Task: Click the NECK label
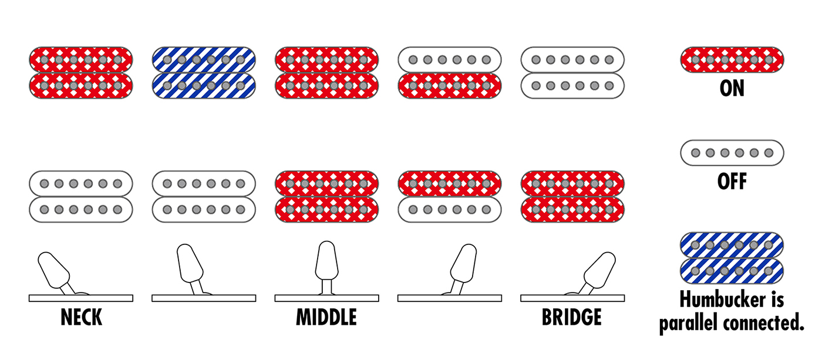click(x=81, y=317)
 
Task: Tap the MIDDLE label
click(x=326, y=317)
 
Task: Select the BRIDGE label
click(x=572, y=317)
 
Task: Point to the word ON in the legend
click(x=732, y=89)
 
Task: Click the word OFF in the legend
click(x=732, y=181)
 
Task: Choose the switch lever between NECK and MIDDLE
click(x=191, y=268)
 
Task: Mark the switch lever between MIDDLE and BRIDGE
click(x=463, y=268)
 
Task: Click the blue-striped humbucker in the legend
click(x=732, y=258)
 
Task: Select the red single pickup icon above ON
click(x=732, y=60)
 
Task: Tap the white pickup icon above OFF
click(x=732, y=153)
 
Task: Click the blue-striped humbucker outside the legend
click(x=204, y=73)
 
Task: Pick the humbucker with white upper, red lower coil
click(x=450, y=73)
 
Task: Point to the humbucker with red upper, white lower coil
click(x=450, y=197)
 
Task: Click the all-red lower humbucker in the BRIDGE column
click(x=572, y=197)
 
